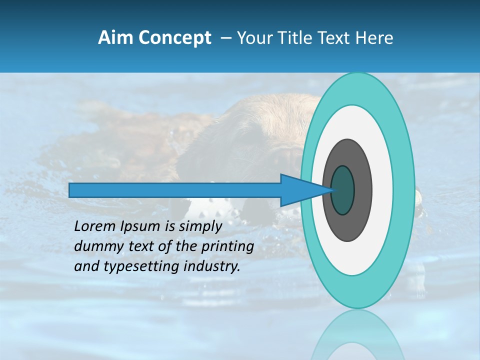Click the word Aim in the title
point(114,38)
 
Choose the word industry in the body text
point(212,266)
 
